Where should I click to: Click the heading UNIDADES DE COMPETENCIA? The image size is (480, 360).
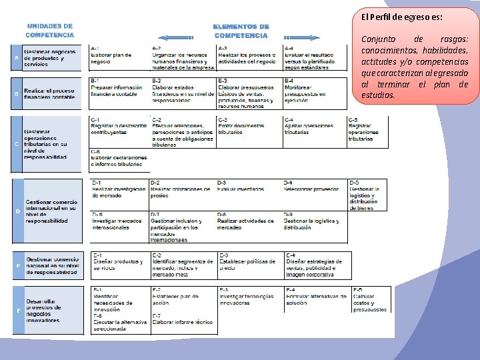point(50,30)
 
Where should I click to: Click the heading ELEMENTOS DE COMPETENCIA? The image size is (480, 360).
point(241,31)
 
